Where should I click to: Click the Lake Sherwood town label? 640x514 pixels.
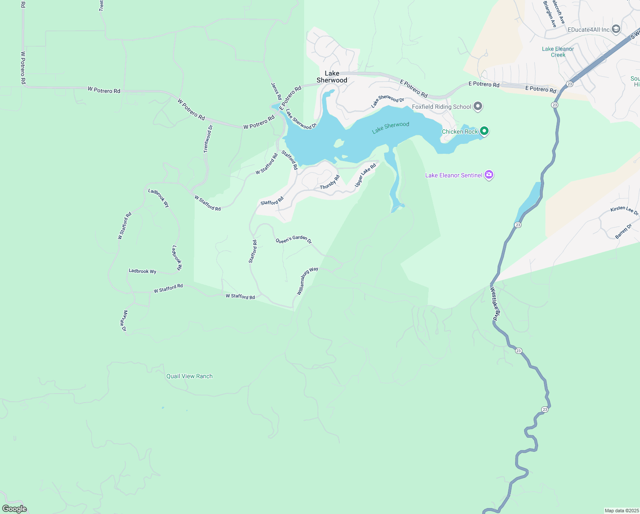coord(332,77)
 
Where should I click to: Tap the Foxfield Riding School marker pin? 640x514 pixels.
coord(478,106)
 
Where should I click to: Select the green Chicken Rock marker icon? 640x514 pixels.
coord(484,131)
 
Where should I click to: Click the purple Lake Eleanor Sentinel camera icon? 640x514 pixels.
coord(489,175)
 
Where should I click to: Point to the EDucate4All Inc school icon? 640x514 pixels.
coord(616,29)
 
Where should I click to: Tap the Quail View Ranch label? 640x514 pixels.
coord(190,376)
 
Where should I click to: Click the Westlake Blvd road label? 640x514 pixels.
coord(495,304)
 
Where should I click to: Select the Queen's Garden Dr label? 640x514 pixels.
coord(293,239)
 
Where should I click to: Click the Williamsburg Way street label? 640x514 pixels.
coord(308,281)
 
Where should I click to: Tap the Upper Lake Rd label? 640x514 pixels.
coord(365,175)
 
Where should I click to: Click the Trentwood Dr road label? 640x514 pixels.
coord(208,139)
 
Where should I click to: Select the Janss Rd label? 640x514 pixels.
coord(276,91)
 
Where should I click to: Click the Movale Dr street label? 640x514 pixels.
coord(124,321)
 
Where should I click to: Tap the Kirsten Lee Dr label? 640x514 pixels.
coord(624,210)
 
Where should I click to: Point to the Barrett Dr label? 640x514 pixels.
coord(623,231)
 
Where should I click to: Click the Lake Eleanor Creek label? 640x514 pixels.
coord(558,52)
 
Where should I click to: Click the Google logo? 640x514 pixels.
coord(15,508)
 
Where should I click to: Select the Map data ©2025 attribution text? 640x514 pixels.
coord(622,511)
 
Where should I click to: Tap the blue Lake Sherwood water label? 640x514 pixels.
coord(391,127)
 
